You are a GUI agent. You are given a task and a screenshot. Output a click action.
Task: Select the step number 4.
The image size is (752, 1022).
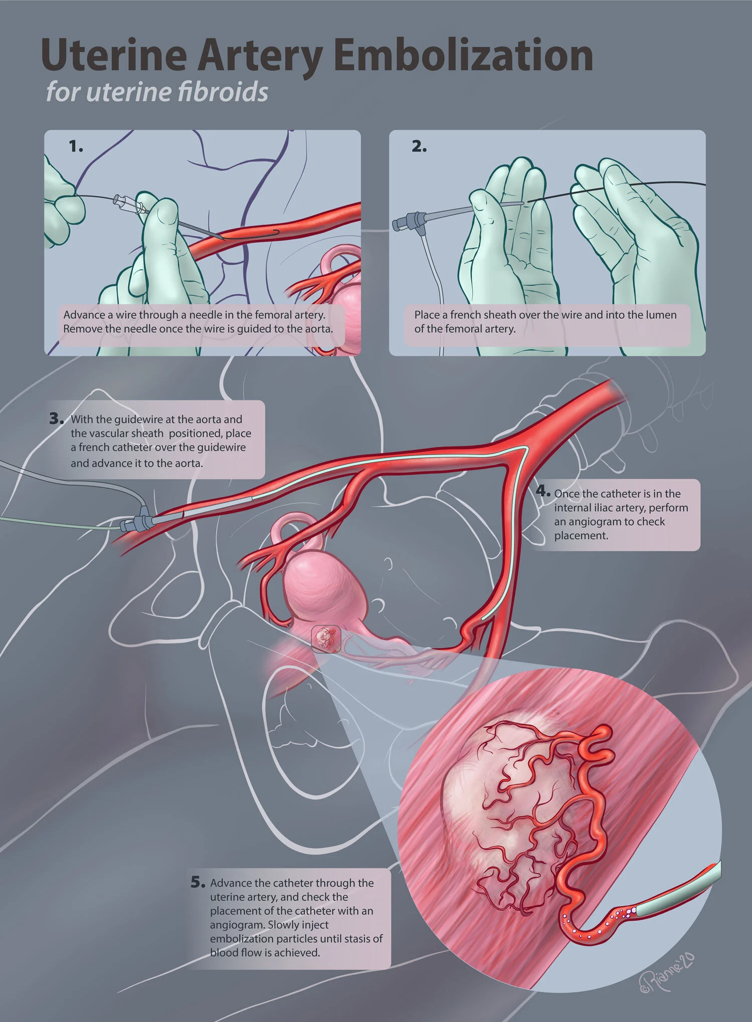point(543,491)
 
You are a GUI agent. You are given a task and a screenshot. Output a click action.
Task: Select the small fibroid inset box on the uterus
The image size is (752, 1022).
point(326,639)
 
